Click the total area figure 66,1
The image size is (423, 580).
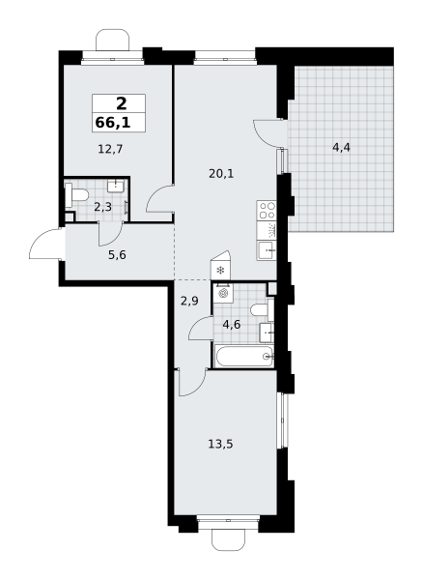(113, 123)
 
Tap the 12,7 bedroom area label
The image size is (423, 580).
(110, 150)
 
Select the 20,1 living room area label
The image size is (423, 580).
(221, 173)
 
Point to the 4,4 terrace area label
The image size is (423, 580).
(341, 148)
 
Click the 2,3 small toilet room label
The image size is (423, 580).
(102, 207)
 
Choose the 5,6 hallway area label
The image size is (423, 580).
(117, 255)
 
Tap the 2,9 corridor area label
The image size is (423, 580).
(189, 301)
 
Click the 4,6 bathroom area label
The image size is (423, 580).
(232, 325)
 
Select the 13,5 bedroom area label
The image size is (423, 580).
(220, 444)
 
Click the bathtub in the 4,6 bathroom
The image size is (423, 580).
(244, 357)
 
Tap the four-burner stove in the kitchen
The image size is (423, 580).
(267, 211)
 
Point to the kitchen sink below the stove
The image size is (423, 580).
(267, 250)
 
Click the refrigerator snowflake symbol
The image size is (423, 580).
(220, 271)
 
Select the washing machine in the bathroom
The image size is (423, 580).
(223, 293)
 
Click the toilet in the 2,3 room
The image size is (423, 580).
(76, 195)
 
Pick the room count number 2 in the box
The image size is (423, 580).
(121, 103)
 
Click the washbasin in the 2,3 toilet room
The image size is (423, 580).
(116, 186)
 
